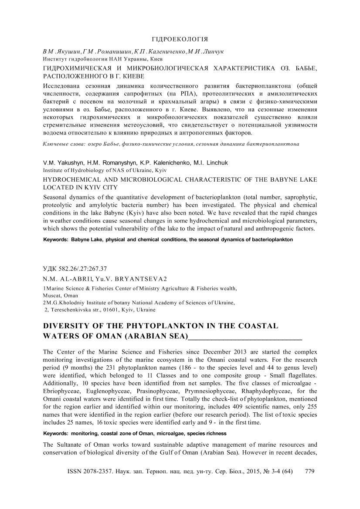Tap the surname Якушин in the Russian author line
pos(61,51)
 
